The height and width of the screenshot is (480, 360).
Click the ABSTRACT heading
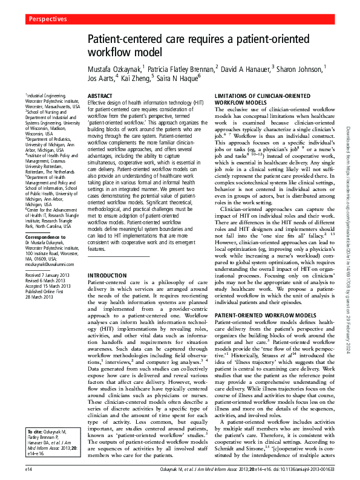click(100, 96)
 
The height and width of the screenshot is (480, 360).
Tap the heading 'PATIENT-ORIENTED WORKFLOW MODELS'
click(266, 316)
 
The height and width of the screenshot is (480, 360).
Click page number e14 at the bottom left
click(28, 469)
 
